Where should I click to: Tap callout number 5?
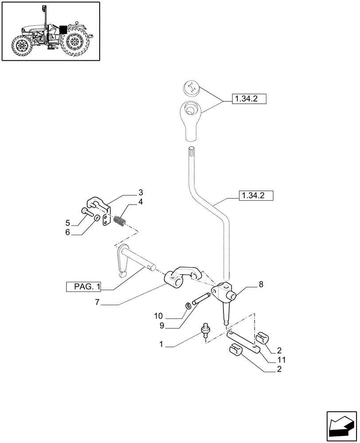pyautogui.click(x=68, y=222)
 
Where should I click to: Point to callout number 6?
pyautogui.click(x=68, y=232)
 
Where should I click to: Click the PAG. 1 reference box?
pyautogui.click(x=84, y=288)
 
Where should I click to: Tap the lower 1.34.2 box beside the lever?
pyautogui.click(x=256, y=195)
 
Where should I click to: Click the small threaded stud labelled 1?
pyautogui.click(x=206, y=331)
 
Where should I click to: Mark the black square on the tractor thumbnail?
pyautogui.click(x=63, y=29)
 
